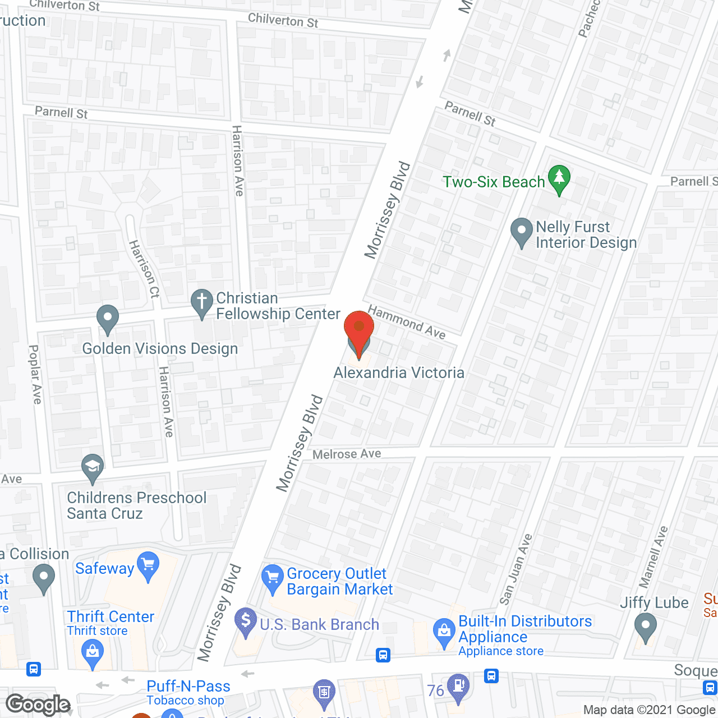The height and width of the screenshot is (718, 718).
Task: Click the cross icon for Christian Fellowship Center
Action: (201, 302)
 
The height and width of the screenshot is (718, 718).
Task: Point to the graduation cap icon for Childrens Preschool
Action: (93, 467)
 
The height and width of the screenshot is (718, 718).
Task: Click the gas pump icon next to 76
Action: (459, 687)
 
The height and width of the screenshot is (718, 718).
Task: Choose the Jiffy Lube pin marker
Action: (645, 626)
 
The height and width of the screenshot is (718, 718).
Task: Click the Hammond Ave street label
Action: (407, 323)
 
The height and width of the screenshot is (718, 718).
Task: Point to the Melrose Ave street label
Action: (347, 454)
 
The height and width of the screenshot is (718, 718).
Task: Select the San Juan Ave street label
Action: (516, 569)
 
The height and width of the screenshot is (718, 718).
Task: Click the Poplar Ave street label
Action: (35, 374)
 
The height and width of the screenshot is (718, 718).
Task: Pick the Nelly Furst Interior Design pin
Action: (522, 231)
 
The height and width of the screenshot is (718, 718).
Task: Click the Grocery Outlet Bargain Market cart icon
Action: (273, 577)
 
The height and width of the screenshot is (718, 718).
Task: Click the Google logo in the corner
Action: (38, 705)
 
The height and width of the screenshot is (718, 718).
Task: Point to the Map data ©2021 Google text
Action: (650, 710)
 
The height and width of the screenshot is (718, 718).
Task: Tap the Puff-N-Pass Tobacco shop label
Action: (188, 692)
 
